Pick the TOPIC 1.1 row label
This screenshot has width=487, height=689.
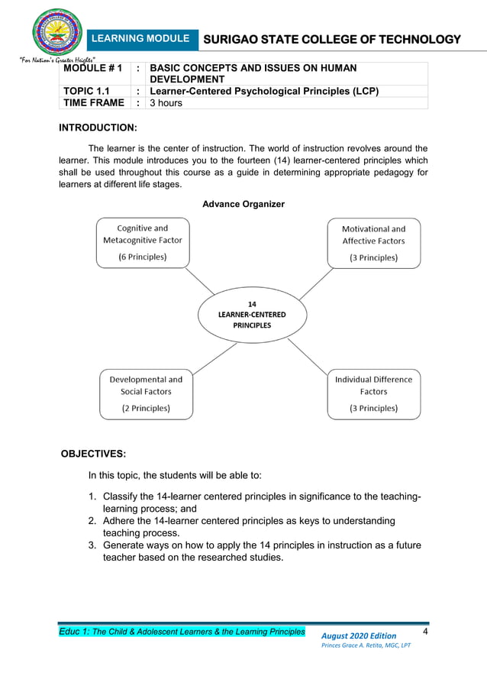86,92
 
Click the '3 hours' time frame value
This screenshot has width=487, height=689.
166,103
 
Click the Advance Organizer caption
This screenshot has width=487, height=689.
243,204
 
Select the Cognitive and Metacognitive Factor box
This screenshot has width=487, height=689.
143,242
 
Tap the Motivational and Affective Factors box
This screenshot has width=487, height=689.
373,242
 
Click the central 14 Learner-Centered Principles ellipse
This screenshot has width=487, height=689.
252,314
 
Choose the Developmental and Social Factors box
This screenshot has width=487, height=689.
146,393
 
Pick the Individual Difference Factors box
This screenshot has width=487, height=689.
373,393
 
